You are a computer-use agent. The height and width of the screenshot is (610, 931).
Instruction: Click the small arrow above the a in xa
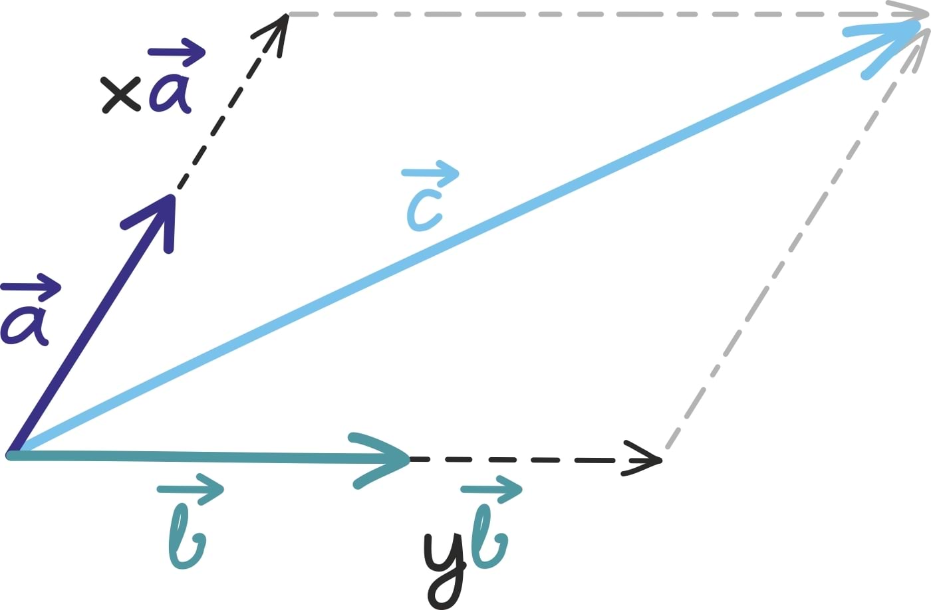point(177,52)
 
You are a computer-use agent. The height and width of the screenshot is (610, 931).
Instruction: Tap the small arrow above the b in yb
point(492,489)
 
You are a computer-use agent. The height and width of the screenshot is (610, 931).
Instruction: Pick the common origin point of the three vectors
point(11,455)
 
